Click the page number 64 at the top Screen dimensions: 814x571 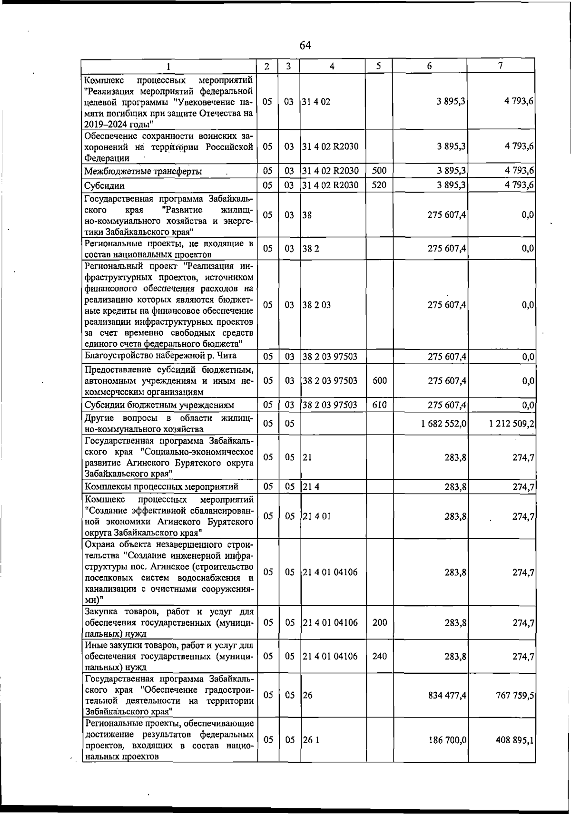tap(305, 46)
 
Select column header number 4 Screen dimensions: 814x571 tap(332, 67)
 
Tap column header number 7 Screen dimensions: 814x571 tap(501, 66)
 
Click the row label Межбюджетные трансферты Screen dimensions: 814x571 tap(143, 172)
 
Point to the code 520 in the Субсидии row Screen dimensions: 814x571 tap(379, 185)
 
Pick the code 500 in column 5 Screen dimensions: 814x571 tap(379, 171)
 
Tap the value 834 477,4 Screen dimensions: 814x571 tap(446, 696)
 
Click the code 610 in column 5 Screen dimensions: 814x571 tap(379, 405)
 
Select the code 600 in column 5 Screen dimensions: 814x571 tap(379, 380)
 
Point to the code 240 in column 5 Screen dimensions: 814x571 tap(379, 656)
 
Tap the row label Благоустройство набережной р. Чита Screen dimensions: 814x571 tap(160, 356)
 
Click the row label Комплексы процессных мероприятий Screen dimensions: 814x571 tap(161, 486)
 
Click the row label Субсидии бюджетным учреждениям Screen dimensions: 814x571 tap(159, 405)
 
